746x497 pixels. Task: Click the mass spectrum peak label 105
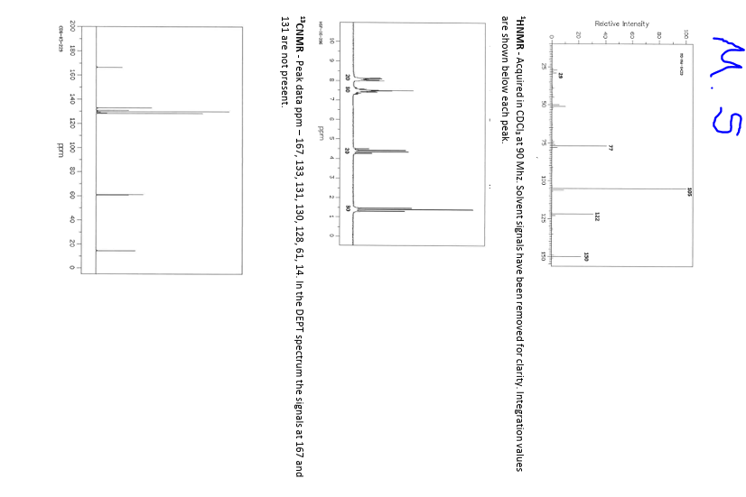[689, 191]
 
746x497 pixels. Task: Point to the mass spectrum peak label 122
[597, 216]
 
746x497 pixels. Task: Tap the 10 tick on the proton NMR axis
[332, 41]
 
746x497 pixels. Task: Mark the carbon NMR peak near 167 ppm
[108, 67]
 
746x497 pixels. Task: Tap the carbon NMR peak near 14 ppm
[115, 251]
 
